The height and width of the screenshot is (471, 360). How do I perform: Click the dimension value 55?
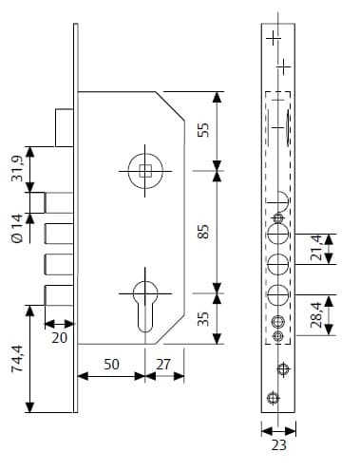[x=203, y=130]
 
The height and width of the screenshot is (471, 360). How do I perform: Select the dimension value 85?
[x=203, y=232]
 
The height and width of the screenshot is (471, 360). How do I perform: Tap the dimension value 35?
[x=203, y=319]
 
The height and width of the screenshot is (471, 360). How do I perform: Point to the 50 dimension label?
[x=111, y=365]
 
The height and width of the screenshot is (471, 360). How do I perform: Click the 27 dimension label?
[x=163, y=365]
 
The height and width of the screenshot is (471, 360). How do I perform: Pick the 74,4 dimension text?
[x=17, y=359]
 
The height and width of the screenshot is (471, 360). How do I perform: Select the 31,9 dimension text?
[x=17, y=169]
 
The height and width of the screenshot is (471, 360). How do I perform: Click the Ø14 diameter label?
[x=17, y=228]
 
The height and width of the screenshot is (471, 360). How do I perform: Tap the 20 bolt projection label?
[x=60, y=338]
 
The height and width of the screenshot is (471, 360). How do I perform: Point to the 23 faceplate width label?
[x=278, y=445]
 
